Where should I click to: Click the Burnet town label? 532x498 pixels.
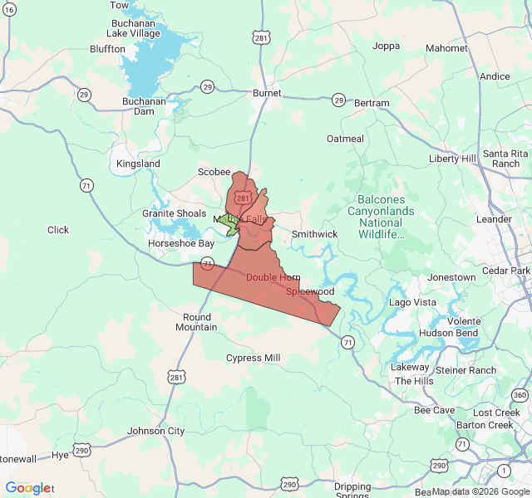click(267, 93)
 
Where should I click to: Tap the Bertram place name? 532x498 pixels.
click(372, 103)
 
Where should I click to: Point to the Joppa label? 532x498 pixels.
click(387, 46)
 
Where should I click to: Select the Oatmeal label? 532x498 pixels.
click(345, 139)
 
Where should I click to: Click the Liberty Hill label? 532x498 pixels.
click(452, 159)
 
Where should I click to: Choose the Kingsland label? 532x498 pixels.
click(138, 164)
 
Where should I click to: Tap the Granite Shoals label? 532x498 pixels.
click(174, 213)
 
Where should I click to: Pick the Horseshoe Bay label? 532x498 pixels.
click(180, 243)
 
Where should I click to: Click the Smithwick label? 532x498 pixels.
click(314, 234)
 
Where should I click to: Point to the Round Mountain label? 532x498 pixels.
click(197, 322)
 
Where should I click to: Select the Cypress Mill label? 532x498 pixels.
click(254, 358)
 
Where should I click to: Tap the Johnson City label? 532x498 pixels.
click(156, 431)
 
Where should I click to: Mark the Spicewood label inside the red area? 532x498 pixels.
click(310, 292)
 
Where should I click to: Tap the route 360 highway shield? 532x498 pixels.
click(520, 394)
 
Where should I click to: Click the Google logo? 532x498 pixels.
click(27, 488)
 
